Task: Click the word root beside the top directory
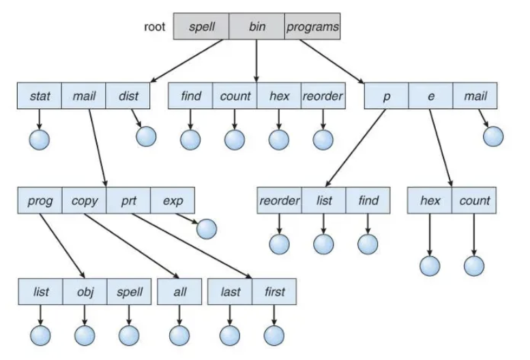tap(154, 27)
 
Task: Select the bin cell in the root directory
tap(256, 27)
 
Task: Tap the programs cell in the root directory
tap(312, 27)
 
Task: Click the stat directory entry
tap(40, 95)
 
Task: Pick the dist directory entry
tap(128, 95)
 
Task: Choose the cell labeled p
tap(386, 95)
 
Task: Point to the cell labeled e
tap(430, 95)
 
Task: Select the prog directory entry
tap(40, 200)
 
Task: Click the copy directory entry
tap(84, 200)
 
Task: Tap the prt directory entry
tap(128, 200)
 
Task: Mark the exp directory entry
tap(173, 200)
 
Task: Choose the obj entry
tap(85, 291)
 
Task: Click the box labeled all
tap(179, 291)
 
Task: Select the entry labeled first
tap(274, 291)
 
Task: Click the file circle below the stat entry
tap(40, 140)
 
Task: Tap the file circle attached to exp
tap(207, 229)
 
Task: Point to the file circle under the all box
tap(179, 335)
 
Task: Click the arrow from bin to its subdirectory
tap(256, 61)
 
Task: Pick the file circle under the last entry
tap(230, 335)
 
